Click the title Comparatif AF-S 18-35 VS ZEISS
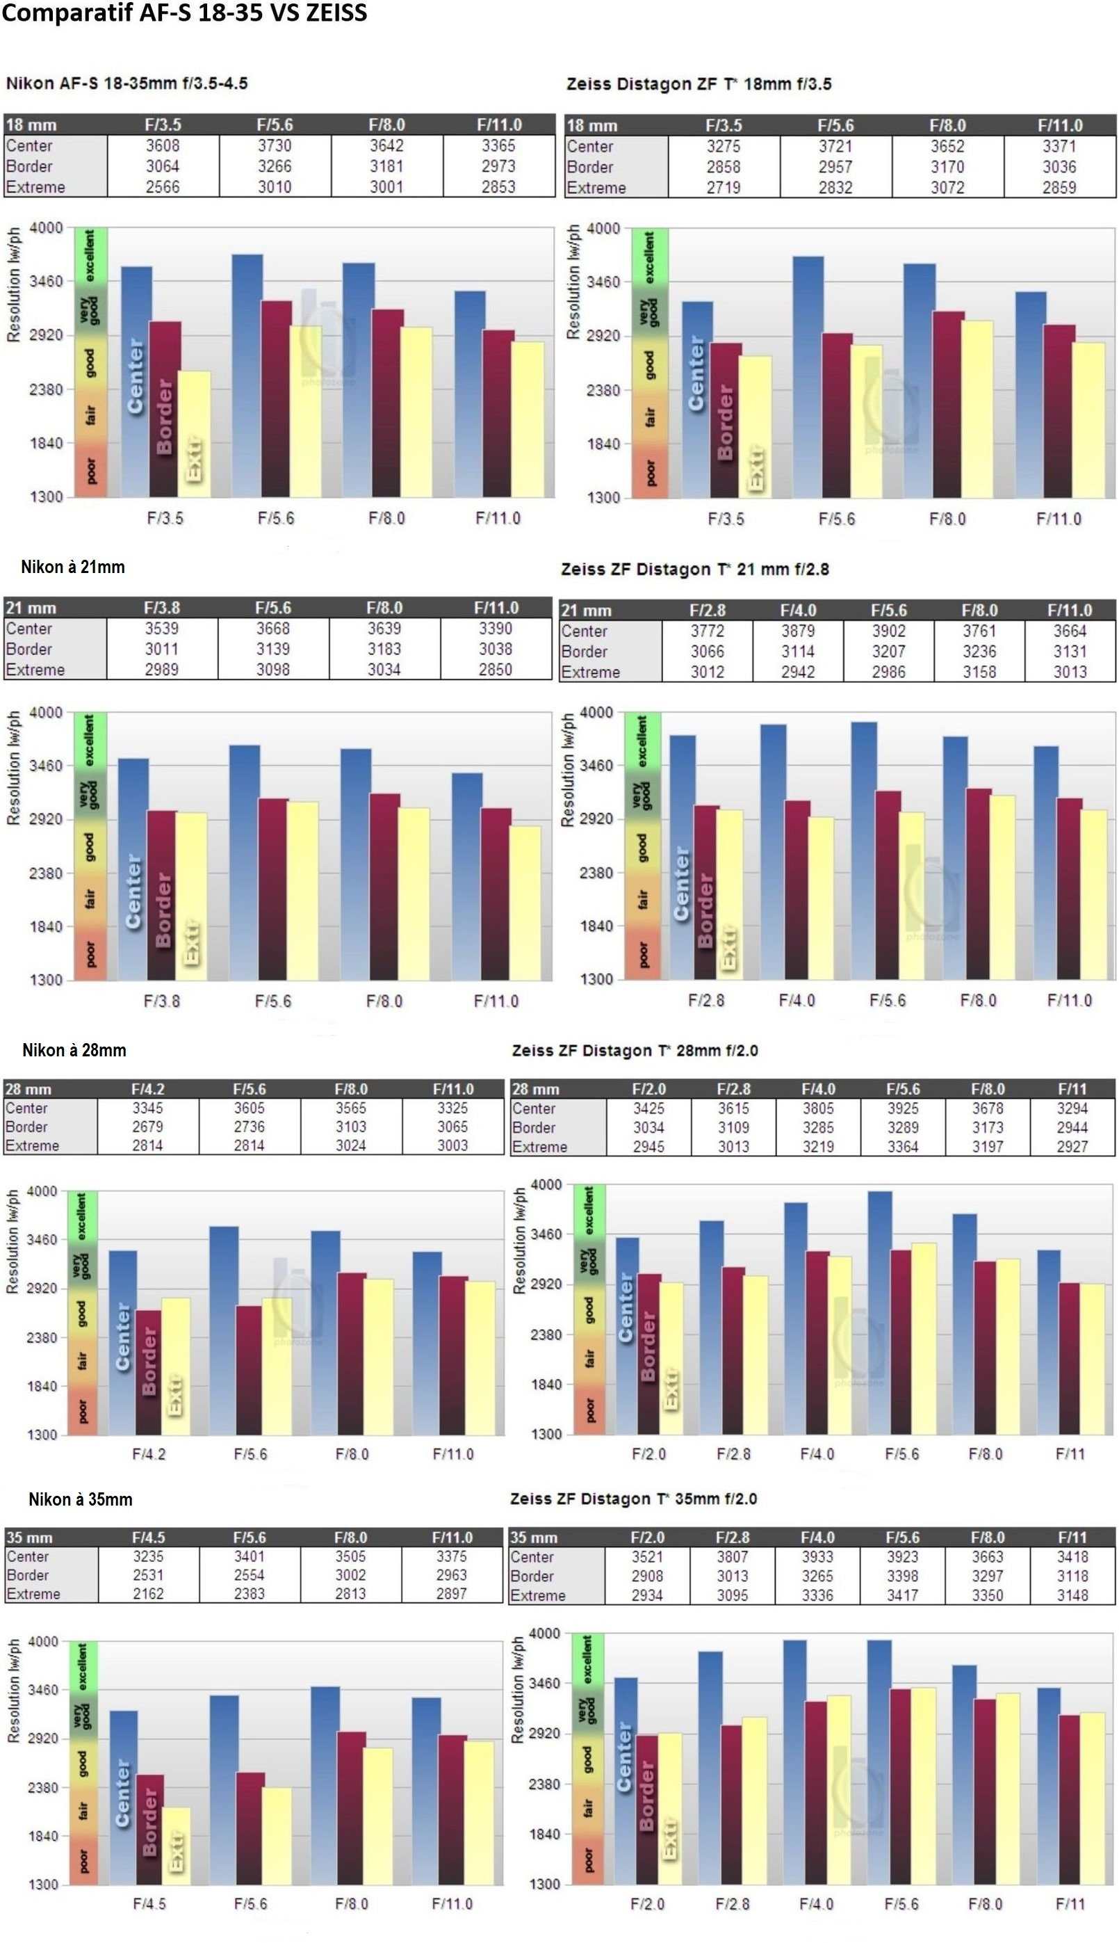[184, 13]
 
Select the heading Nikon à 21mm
[73, 567]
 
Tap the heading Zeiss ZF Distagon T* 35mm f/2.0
[633, 1499]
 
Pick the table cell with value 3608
[163, 145]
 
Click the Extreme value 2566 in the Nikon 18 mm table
[163, 187]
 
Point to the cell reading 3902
[888, 631]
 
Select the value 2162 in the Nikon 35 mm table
[148, 1594]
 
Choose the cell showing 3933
[818, 1556]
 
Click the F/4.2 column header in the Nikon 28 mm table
[148, 1089]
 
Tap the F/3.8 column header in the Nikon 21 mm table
[161, 607]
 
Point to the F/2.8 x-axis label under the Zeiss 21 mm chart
[706, 1000]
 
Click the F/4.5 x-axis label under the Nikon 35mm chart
[149, 1904]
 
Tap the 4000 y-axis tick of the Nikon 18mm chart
[46, 227]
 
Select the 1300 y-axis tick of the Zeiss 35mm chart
[545, 1884]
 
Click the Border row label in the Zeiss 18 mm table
[590, 167]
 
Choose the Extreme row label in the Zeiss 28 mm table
[539, 1147]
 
